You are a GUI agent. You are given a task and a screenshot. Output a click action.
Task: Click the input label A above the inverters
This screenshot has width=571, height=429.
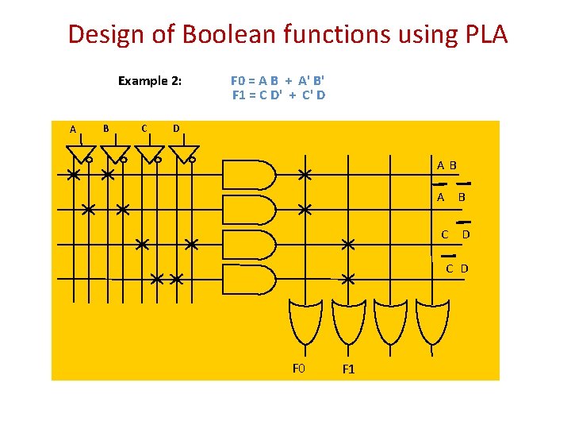point(73,129)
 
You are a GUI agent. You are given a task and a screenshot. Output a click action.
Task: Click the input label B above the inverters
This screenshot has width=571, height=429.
point(106,127)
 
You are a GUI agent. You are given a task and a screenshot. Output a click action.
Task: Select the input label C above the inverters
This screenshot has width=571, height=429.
point(143,127)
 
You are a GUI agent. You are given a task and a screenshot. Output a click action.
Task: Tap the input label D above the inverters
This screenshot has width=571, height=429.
point(176,128)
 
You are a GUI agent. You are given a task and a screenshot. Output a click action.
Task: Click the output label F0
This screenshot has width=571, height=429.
point(298,368)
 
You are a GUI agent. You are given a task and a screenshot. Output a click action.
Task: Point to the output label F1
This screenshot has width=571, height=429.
point(348,369)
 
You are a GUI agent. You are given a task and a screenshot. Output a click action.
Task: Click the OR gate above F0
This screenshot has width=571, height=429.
point(305,325)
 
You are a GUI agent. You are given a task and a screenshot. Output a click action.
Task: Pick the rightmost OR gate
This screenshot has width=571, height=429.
point(433,325)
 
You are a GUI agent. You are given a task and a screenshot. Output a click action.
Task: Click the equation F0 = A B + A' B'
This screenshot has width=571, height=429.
point(278,80)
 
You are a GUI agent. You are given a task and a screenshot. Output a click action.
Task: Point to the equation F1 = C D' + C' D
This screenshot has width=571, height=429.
point(278,95)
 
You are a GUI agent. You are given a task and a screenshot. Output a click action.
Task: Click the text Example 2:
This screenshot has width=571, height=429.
point(150,80)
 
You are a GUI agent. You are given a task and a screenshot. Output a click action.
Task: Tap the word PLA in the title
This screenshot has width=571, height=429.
point(481,34)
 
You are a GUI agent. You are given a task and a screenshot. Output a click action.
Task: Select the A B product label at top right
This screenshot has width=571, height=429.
point(446,166)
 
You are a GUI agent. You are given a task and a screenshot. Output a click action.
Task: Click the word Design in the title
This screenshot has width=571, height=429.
point(108,34)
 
